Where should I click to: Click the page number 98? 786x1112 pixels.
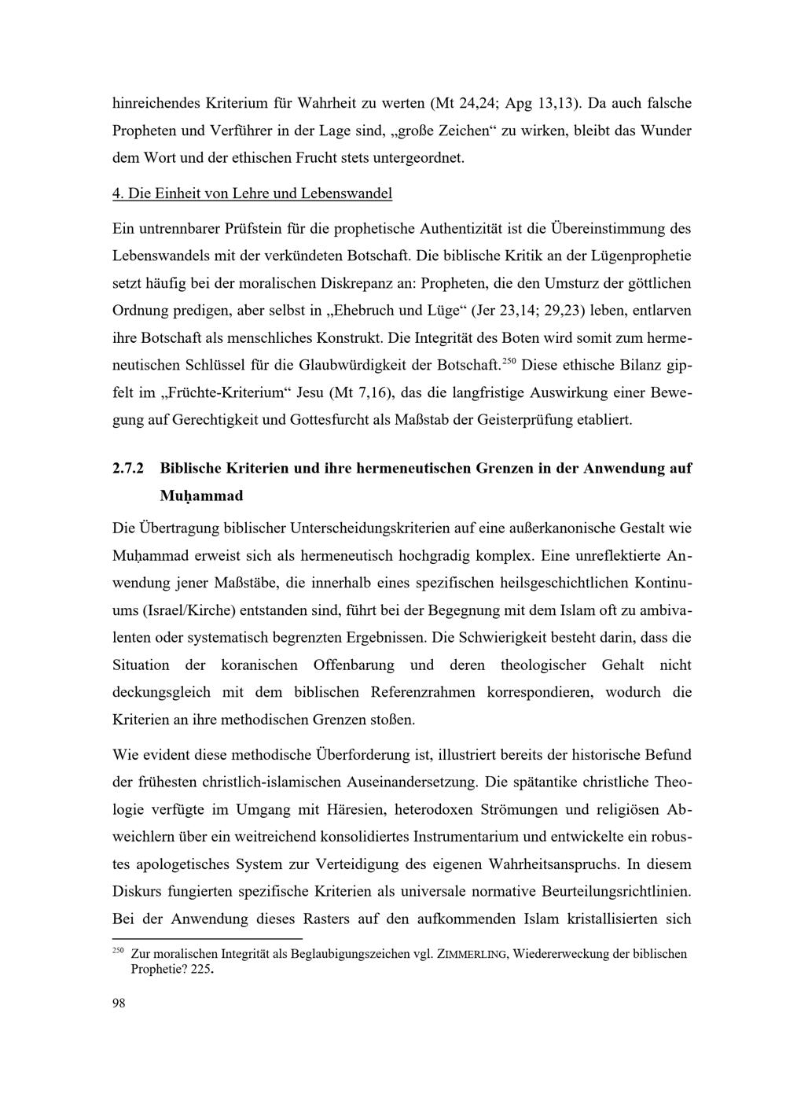coord(119,1002)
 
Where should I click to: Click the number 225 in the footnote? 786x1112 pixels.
coord(201,970)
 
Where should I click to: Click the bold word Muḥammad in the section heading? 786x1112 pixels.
coord(201,496)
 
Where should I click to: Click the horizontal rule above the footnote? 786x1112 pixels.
coord(208,938)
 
